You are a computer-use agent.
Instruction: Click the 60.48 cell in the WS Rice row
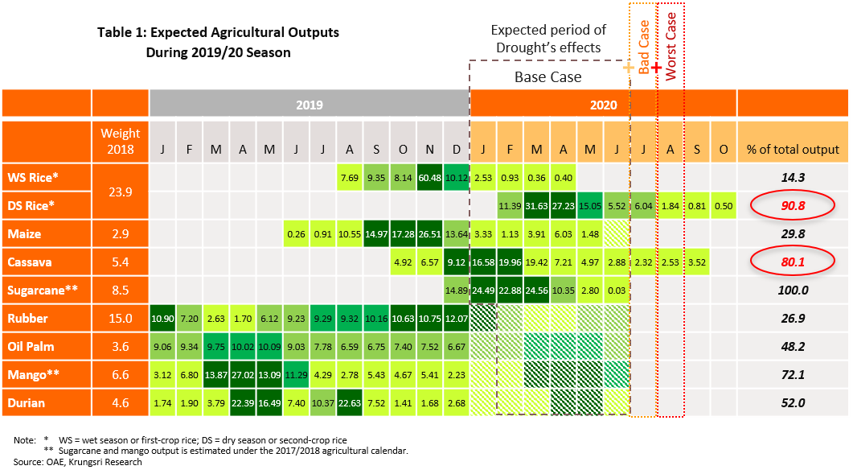pyautogui.click(x=430, y=178)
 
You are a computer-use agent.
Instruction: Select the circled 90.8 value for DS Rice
pyautogui.click(x=792, y=206)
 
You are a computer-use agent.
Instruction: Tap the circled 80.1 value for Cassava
pyautogui.click(x=792, y=262)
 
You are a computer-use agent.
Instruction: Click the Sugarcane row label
pyautogui.click(x=47, y=291)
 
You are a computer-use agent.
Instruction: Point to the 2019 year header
pyautogui.click(x=310, y=105)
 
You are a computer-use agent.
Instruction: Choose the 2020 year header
pyautogui.click(x=603, y=105)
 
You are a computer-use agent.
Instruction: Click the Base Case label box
pyautogui.click(x=547, y=77)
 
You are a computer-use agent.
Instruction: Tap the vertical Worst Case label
pyautogui.click(x=671, y=48)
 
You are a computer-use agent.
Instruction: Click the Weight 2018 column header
pyautogui.click(x=121, y=142)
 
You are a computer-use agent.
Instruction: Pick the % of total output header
pyautogui.click(x=792, y=149)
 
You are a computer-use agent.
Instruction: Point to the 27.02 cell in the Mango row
pyautogui.click(x=243, y=375)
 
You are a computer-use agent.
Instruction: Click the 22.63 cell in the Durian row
pyautogui.click(x=350, y=403)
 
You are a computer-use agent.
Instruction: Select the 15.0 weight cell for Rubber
pyautogui.click(x=121, y=319)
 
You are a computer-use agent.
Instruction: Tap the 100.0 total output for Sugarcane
pyautogui.click(x=792, y=291)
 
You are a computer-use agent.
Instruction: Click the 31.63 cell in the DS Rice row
pyautogui.click(x=537, y=206)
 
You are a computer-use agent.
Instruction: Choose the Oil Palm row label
pyautogui.click(x=47, y=347)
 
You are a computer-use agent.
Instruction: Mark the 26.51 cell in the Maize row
pyautogui.click(x=430, y=234)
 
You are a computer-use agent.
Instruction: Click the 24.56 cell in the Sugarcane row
pyautogui.click(x=537, y=291)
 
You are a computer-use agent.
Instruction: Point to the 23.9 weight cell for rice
pyautogui.click(x=121, y=192)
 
